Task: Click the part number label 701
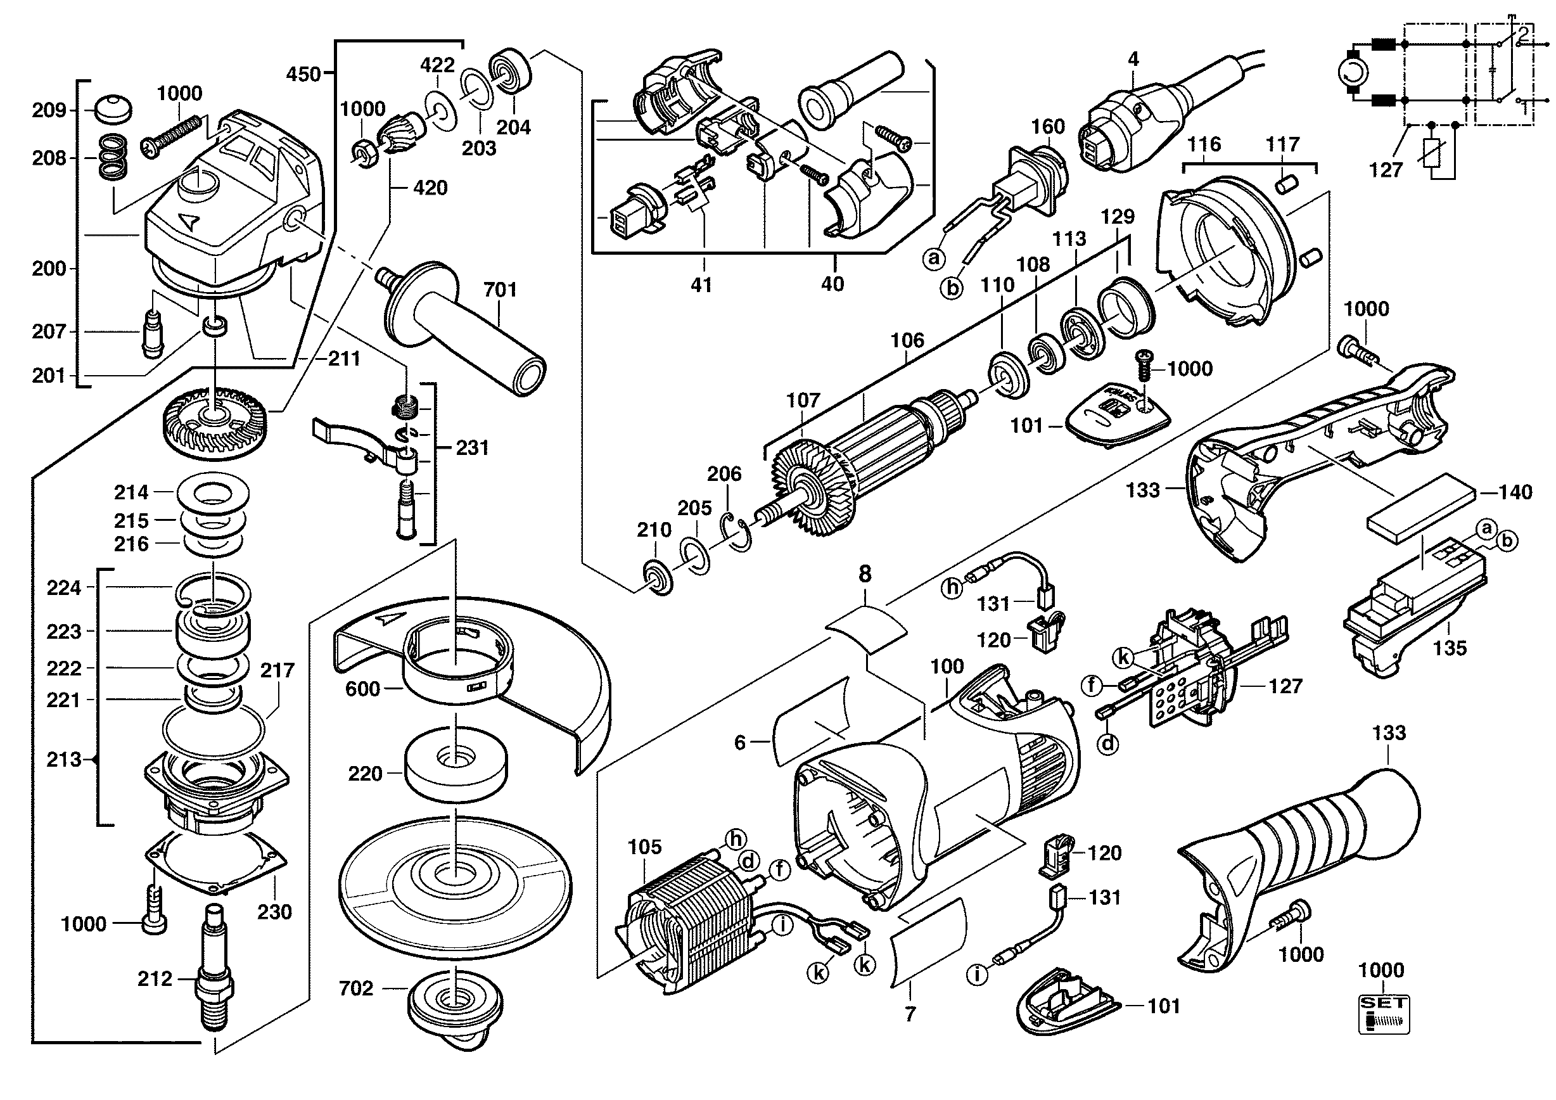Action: click(x=500, y=290)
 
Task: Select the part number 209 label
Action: click(x=49, y=110)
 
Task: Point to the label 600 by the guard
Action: click(x=362, y=689)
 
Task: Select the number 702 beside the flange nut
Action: click(x=357, y=989)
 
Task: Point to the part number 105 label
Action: click(x=644, y=847)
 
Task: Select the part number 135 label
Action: click(x=1450, y=648)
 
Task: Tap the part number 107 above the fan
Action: click(x=803, y=400)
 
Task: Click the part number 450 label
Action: click(x=303, y=74)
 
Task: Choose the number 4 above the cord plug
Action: click(x=1133, y=60)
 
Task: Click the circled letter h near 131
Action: click(x=953, y=588)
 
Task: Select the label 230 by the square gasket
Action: click(x=274, y=912)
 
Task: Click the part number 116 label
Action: click(x=1204, y=144)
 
